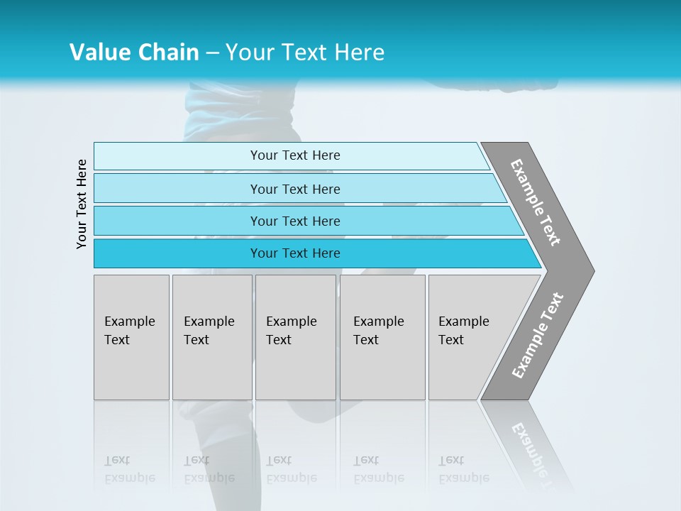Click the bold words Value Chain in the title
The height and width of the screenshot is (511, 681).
click(134, 53)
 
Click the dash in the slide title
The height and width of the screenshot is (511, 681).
click(212, 53)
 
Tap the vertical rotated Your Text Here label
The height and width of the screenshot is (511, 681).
click(82, 204)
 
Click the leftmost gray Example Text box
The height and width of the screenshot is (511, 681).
click(131, 337)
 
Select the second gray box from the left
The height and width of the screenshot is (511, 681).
click(212, 337)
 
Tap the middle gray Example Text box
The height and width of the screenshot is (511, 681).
click(295, 337)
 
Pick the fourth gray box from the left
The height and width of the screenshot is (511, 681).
click(382, 337)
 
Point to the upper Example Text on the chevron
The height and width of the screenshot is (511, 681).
click(536, 202)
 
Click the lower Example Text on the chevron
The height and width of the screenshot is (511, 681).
click(538, 335)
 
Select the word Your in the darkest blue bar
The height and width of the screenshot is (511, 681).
click(263, 253)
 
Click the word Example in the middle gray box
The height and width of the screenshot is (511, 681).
click(291, 322)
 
